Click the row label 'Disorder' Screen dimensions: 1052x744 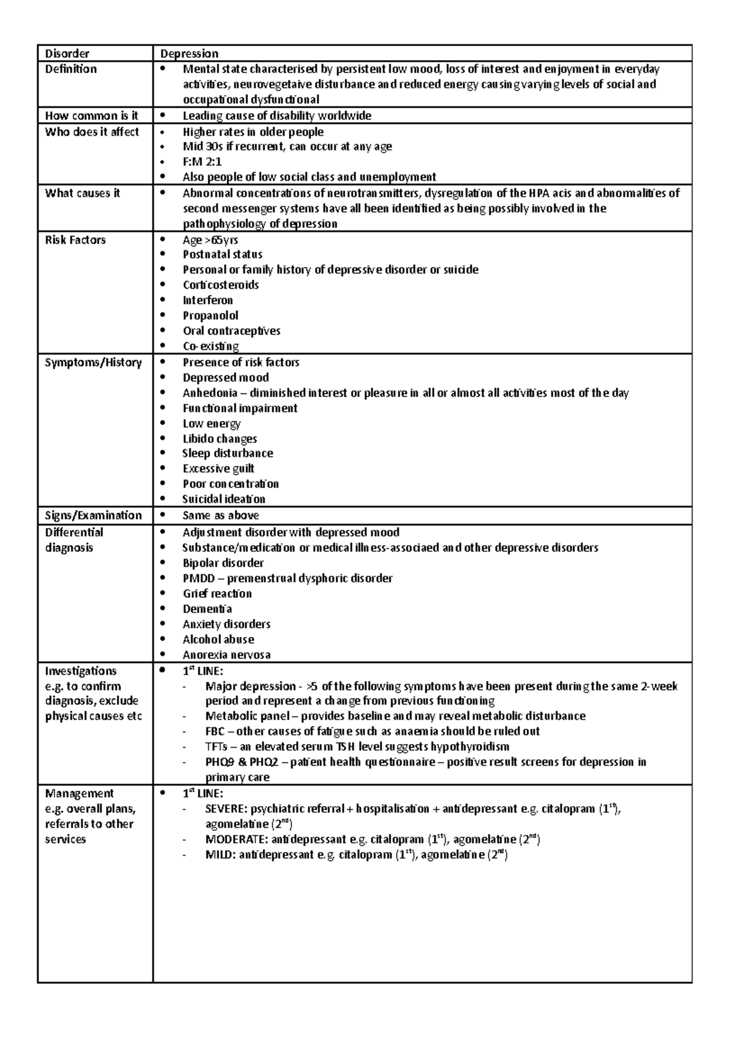(x=67, y=54)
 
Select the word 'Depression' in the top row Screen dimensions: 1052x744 (x=189, y=54)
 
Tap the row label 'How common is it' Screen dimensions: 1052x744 (x=91, y=115)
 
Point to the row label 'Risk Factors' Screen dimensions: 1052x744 (x=75, y=240)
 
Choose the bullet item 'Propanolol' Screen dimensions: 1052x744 (x=210, y=315)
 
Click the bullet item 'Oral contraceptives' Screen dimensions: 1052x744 (x=231, y=331)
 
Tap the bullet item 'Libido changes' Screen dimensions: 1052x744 (x=219, y=439)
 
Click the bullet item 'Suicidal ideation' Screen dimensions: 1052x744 (x=223, y=499)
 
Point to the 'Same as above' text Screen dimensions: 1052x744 (x=221, y=515)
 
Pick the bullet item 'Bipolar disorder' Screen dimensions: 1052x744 (x=223, y=563)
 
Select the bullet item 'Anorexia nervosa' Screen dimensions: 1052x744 (x=226, y=655)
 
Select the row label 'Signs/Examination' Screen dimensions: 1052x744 (x=93, y=515)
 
